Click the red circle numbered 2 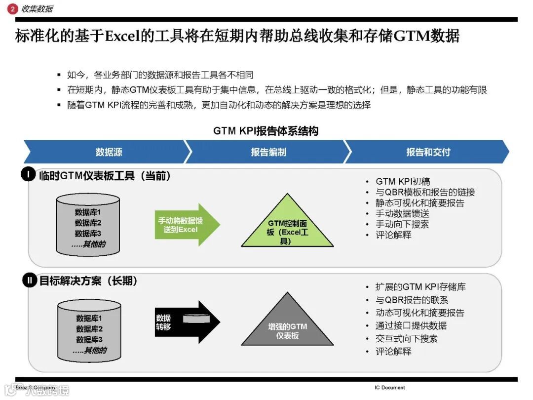coord(13,8)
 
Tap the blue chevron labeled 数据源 coord(108,152)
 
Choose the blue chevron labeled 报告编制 coord(268,152)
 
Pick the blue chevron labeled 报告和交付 coord(428,152)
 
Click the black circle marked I coord(29,175)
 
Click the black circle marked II coord(29,281)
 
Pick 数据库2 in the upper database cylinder coord(88,223)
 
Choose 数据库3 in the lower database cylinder coord(89,340)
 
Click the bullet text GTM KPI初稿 coord(403,182)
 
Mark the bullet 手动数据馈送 coord(402,214)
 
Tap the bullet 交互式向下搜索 coord(406,339)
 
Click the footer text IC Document coord(389,388)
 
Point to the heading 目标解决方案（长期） coord(88,281)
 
